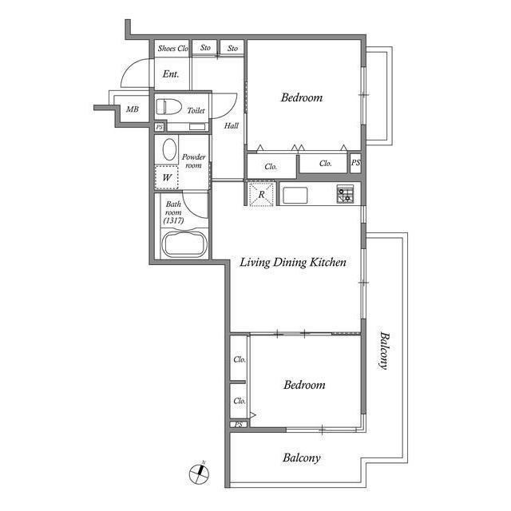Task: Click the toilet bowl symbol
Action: (x=168, y=107)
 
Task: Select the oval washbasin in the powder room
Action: (x=169, y=149)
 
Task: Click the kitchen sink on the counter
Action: (x=295, y=195)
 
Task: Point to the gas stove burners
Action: (x=345, y=194)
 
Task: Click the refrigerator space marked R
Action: (x=261, y=194)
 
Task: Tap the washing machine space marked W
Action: (x=167, y=177)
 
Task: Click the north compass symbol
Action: (x=200, y=473)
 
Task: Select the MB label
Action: (x=133, y=109)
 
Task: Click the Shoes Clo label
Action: (x=172, y=49)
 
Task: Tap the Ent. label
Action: (x=171, y=74)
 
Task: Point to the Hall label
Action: (x=231, y=126)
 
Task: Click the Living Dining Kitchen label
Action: (x=293, y=263)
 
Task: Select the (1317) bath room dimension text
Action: (x=173, y=220)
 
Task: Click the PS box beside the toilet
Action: (x=160, y=127)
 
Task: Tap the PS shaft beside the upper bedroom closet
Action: (x=355, y=163)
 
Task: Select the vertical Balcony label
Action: (x=385, y=351)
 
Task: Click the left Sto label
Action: (x=205, y=48)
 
